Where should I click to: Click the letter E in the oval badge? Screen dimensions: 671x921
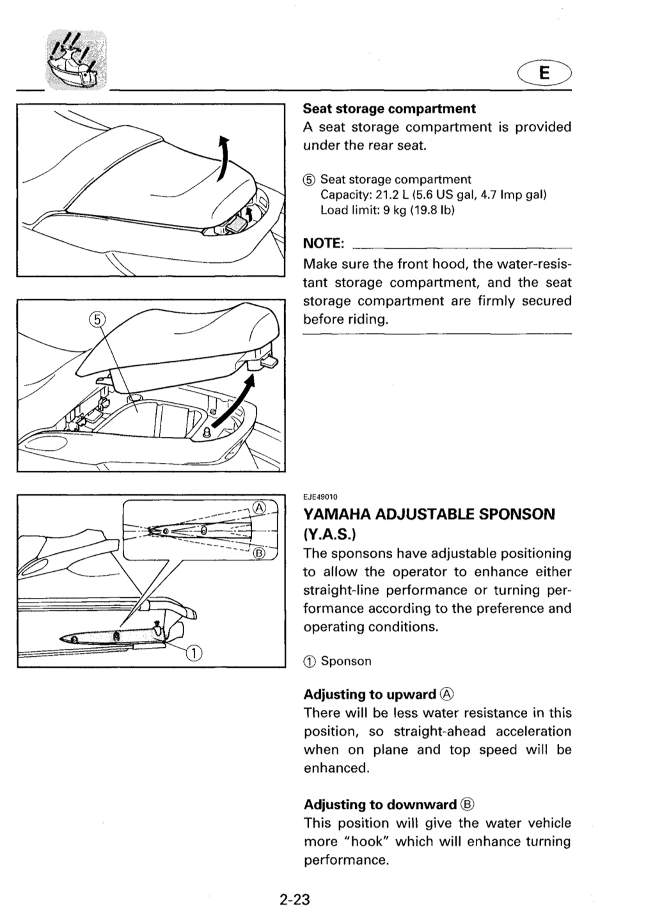[544, 73]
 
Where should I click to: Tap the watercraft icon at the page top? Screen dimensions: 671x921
[76, 59]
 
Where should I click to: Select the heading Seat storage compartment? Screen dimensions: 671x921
[389, 109]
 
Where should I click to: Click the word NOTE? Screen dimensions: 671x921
[323, 243]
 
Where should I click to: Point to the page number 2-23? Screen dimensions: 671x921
[294, 899]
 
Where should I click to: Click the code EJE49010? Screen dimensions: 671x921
[320, 497]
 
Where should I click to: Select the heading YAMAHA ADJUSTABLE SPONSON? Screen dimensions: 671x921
[429, 514]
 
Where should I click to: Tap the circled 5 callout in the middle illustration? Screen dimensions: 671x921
[97, 320]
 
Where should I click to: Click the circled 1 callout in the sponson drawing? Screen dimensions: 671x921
[194, 652]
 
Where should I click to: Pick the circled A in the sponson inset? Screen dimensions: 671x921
[259, 508]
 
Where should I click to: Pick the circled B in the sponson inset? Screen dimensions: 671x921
[259, 553]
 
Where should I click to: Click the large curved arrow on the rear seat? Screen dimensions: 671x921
[223, 159]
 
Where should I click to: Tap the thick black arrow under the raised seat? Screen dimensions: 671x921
[233, 404]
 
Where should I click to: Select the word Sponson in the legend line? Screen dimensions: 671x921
[346, 661]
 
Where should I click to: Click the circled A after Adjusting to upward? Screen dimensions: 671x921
[446, 694]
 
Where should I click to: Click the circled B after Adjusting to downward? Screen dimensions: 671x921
[468, 804]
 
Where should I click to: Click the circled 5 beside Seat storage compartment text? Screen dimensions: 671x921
[309, 180]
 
